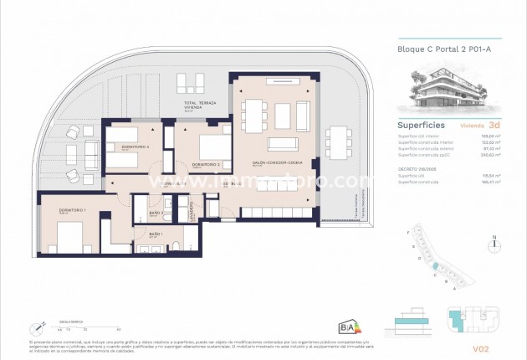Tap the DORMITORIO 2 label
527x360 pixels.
tap(205, 164)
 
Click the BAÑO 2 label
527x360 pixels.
tap(156, 214)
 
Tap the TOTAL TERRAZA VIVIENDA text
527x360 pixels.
tap(202, 104)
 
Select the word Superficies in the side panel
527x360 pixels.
tap(420, 125)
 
